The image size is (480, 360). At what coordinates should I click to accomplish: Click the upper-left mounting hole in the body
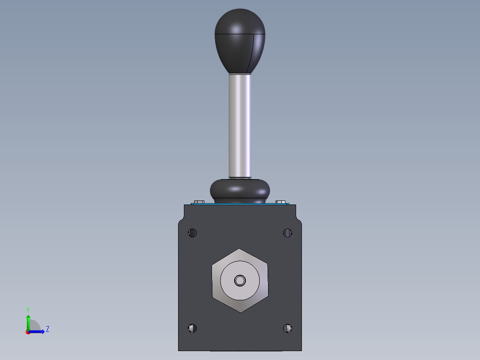[x=192, y=233]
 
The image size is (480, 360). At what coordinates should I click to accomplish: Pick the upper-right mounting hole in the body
[x=288, y=233]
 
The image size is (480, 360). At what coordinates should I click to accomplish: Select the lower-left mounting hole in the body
[x=192, y=328]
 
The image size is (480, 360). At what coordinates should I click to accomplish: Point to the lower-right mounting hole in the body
[x=288, y=328]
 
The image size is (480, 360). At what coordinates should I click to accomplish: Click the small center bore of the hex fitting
[x=240, y=280]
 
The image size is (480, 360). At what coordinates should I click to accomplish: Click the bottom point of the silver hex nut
[x=240, y=311]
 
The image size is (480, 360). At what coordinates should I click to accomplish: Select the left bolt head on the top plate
[x=199, y=202]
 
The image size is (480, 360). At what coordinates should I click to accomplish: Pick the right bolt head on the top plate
[x=281, y=202]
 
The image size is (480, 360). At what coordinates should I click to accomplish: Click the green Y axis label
[x=28, y=309]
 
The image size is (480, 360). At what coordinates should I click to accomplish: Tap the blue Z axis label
[x=47, y=329]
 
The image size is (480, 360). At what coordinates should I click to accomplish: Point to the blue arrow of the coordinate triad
[x=38, y=331]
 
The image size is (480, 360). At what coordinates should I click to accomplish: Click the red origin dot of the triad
[x=28, y=332]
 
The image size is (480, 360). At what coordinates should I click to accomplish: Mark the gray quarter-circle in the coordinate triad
[x=34, y=326]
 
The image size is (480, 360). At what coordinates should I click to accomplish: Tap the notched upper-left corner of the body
[x=181, y=220]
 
